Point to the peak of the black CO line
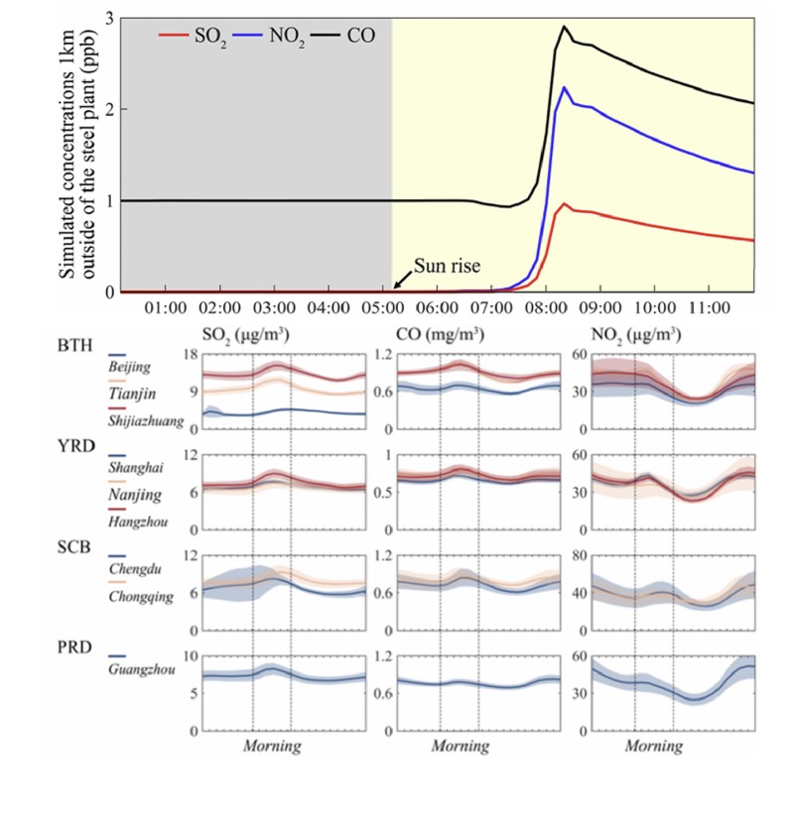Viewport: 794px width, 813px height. (564, 27)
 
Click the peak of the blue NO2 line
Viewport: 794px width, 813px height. (565, 87)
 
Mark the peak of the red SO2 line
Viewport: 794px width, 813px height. (565, 204)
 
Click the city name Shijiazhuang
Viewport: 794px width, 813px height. (146, 421)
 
